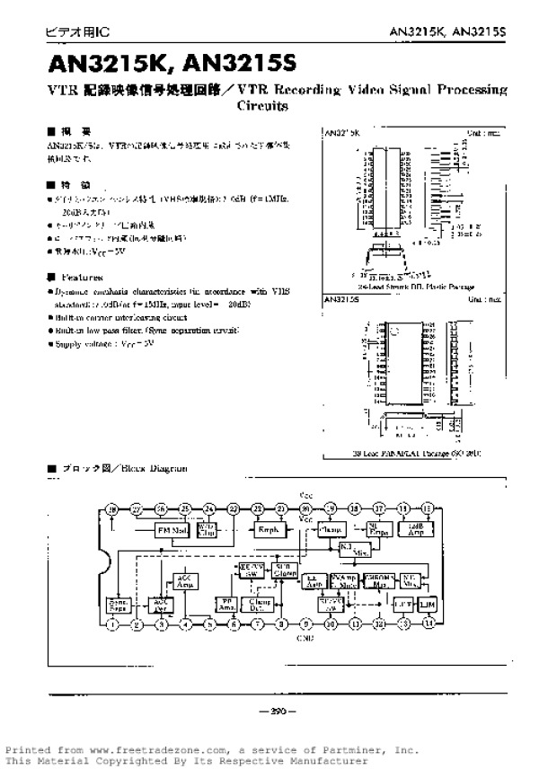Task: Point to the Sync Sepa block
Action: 117,604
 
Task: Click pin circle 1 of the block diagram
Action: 112,623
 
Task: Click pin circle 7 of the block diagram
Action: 258,623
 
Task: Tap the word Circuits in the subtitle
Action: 262,105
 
